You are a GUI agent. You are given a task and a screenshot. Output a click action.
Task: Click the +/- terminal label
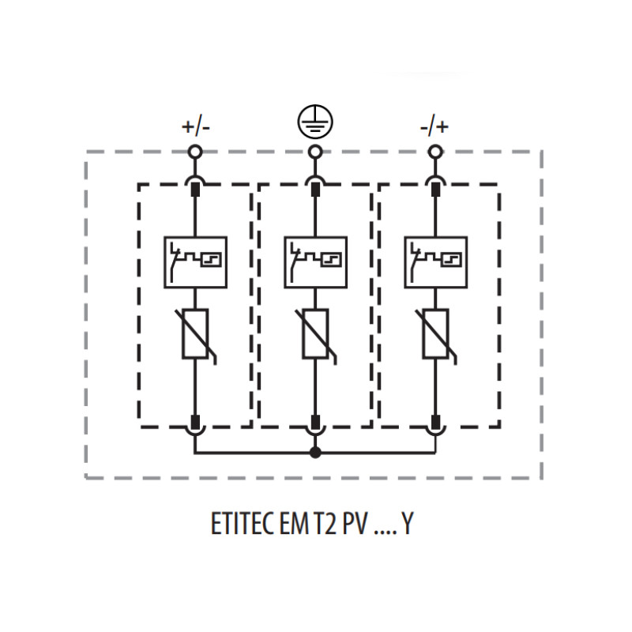click(x=196, y=127)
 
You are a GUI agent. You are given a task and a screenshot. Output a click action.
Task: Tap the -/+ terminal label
click(x=434, y=127)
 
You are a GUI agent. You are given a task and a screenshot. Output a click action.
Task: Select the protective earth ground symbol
click(x=315, y=122)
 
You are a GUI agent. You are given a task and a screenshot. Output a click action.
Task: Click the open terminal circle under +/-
click(x=195, y=152)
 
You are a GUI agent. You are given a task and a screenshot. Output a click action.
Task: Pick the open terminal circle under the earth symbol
click(x=315, y=152)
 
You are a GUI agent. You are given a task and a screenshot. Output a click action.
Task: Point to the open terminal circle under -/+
click(x=435, y=152)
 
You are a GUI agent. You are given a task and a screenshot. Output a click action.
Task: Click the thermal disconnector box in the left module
click(x=195, y=262)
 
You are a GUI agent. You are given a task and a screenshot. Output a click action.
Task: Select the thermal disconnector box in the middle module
click(x=315, y=262)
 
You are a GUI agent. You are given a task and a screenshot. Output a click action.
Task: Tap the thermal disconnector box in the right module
click(x=436, y=262)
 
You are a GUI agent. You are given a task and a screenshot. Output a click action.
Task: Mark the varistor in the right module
click(x=436, y=334)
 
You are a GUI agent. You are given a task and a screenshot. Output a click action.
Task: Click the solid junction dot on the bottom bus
click(x=315, y=453)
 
